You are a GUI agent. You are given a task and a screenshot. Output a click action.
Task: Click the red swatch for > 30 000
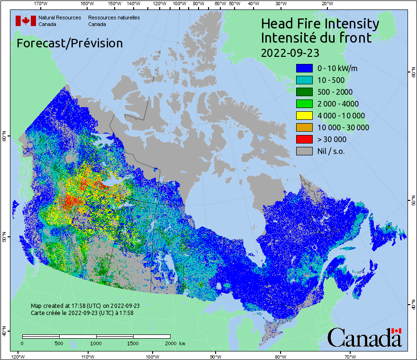tap(304, 139)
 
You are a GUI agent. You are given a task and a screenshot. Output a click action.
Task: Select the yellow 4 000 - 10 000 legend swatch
tap(304, 116)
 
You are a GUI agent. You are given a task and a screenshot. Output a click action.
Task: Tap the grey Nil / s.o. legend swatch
tap(304, 151)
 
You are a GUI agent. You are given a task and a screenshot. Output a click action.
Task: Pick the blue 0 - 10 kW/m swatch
tap(304, 68)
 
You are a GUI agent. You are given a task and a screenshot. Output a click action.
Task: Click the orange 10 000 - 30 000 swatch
tap(304, 127)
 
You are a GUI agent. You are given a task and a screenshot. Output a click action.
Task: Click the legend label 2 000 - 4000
tap(338, 104)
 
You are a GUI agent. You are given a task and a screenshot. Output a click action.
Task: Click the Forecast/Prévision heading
tap(70, 43)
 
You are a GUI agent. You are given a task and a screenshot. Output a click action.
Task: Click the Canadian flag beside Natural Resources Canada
tap(26, 20)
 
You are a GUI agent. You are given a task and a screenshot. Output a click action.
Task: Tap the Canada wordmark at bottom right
tap(364, 338)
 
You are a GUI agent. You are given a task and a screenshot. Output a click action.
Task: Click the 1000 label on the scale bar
tap(96, 343)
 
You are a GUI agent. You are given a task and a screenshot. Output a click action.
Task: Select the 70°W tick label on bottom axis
tap(350, 357)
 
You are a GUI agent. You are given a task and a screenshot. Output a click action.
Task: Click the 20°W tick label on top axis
tap(326, 3)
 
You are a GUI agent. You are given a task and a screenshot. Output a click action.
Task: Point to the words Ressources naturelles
tap(114, 18)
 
